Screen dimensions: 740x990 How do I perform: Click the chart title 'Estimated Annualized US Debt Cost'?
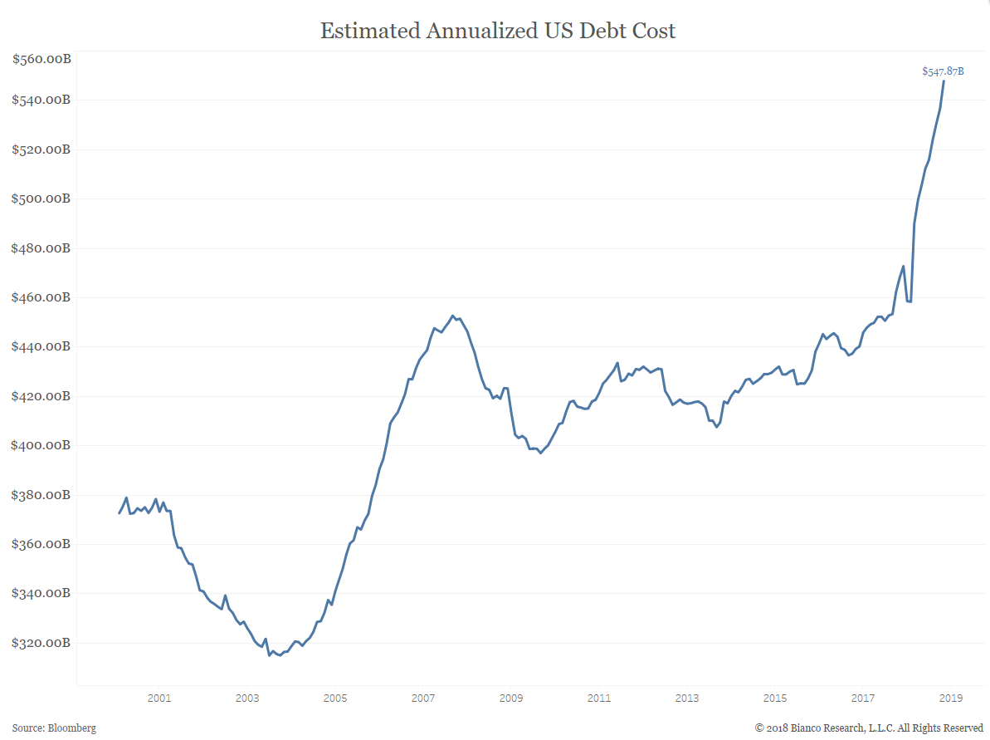point(498,32)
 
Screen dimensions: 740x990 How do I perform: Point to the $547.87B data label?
point(943,71)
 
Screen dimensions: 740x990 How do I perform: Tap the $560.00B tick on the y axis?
point(41,59)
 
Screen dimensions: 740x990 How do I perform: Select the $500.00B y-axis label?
point(41,198)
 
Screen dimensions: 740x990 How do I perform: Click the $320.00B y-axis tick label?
point(41,643)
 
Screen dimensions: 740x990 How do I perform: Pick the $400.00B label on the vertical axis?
point(41,445)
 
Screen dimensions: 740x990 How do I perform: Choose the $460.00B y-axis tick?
point(41,297)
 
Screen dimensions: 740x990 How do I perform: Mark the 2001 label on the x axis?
point(158,698)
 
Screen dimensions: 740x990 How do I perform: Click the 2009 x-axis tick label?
point(511,698)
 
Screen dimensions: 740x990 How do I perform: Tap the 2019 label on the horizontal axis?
point(951,698)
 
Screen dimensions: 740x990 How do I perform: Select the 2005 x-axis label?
point(335,698)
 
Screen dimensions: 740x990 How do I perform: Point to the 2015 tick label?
point(775,698)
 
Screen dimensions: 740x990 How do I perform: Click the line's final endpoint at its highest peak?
point(944,81)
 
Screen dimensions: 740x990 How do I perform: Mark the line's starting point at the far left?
point(119,513)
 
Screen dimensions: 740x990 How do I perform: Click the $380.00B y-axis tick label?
point(41,495)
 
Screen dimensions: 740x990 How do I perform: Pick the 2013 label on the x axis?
point(687,698)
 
